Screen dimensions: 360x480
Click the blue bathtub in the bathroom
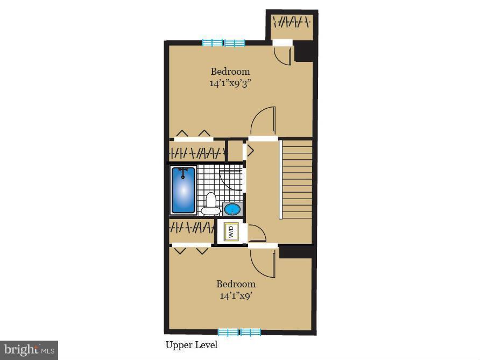(x=183, y=190)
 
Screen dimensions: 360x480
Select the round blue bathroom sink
(x=232, y=208)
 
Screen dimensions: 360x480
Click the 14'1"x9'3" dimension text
(x=230, y=83)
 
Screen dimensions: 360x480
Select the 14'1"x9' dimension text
(x=236, y=295)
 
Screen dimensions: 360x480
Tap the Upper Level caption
(x=191, y=345)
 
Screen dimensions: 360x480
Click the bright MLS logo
(x=29, y=350)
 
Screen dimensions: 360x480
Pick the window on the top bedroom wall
(x=223, y=43)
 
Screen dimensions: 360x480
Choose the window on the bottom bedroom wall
(x=239, y=332)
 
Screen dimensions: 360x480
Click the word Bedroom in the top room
(x=230, y=71)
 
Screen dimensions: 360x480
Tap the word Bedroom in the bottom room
(x=236, y=284)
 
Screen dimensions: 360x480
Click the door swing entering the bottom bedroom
(x=264, y=262)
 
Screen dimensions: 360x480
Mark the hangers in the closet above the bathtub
(x=196, y=152)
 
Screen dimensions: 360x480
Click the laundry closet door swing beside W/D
(x=256, y=234)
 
